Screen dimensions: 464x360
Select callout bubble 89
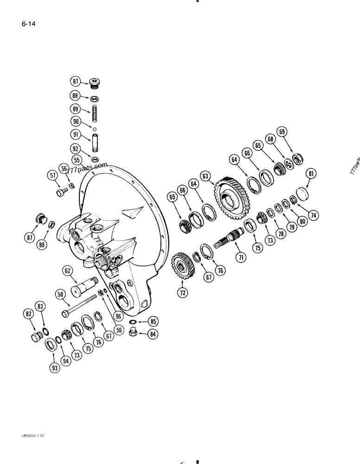click(x=76, y=110)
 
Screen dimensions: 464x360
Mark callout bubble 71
click(x=240, y=257)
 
